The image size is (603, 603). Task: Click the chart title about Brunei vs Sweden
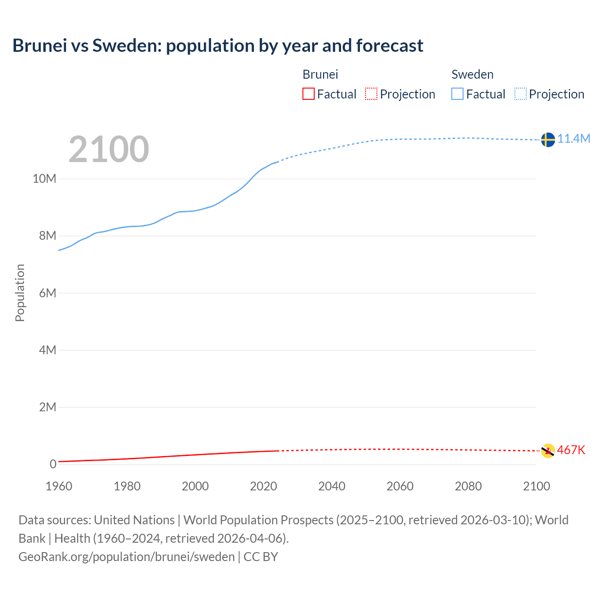(x=218, y=46)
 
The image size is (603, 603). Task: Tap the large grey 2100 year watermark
(x=109, y=149)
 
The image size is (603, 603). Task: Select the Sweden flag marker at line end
(x=547, y=139)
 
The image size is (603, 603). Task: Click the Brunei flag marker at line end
(x=547, y=450)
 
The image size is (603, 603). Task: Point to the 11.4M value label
(x=574, y=139)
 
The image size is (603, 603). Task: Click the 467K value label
(x=571, y=450)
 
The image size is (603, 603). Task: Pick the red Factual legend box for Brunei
(x=308, y=94)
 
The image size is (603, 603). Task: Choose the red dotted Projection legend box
(x=371, y=94)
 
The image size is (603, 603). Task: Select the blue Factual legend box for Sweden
(x=457, y=94)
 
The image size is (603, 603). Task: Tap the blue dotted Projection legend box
(x=520, y=94)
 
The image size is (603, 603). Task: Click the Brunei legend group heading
(x=320, y=74)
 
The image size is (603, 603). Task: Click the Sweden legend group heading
(x=473, y=74)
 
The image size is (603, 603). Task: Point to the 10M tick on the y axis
(x=44, y=179)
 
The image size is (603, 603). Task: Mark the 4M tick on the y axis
(x=47, y=350)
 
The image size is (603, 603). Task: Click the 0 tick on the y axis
(x=53, y=464)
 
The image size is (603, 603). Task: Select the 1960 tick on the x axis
(x=59, y=486)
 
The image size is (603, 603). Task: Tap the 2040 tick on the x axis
(x=332, y=486)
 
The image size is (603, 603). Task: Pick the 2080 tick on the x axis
(x=468, y=486)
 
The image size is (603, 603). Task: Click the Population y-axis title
(x=20, y=293)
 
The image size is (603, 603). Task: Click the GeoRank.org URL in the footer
(x=126, y=557)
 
